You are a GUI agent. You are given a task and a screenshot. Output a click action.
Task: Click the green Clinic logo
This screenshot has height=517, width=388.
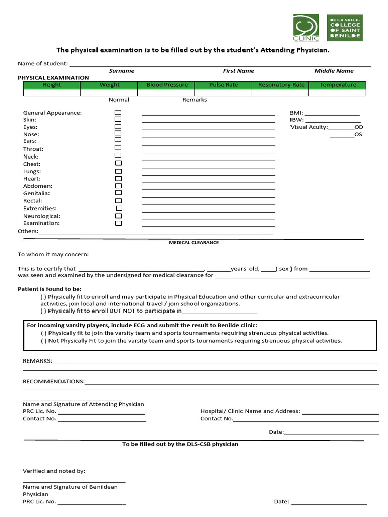tap(306, 28)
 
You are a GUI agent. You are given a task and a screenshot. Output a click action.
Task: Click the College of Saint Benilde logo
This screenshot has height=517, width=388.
tap(345, 27)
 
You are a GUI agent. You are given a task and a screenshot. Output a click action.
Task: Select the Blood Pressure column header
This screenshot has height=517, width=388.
tap(167, 85)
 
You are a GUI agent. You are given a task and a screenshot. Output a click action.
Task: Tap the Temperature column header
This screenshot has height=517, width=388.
tap(337, 85)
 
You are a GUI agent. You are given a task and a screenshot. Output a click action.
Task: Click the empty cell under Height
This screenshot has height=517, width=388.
tap(52, 93)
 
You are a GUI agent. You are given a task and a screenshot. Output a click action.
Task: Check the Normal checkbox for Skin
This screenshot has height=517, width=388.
tap(118, 119)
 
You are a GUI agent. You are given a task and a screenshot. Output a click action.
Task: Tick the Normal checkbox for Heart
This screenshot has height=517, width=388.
tap(118, 179)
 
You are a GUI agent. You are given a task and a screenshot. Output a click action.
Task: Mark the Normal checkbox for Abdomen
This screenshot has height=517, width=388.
tap(118, 186)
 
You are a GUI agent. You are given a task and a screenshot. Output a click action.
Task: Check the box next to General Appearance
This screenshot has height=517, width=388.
tap(118, 112)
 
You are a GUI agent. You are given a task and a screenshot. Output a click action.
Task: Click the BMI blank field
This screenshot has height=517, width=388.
tap(331, 113)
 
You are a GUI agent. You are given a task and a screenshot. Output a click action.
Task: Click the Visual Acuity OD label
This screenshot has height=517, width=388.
tap(359, 127)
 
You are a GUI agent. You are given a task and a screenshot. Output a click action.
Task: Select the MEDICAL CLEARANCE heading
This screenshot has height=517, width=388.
tap(193, 243)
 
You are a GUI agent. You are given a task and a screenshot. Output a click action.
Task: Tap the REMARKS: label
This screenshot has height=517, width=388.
tap(37, 361)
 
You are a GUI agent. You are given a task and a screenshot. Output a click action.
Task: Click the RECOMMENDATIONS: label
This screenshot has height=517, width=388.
tap(54, 382)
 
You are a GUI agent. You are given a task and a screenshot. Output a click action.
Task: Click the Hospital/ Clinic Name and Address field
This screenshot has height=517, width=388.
tap(339, 411)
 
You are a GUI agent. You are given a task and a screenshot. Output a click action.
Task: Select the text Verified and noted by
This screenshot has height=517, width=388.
tap(54, 471)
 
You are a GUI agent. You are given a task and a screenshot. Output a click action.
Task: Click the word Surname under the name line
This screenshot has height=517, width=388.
tap(122, 71)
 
